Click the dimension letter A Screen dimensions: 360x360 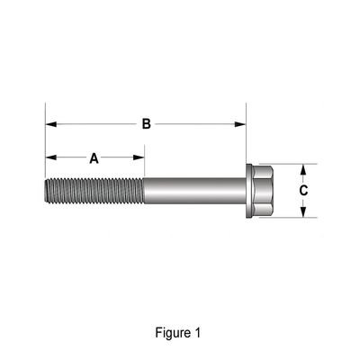coord(94,158)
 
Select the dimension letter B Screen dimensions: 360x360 coord(146,124)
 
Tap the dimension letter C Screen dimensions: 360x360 coord(303,191)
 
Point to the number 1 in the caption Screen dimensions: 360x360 coord(197,333)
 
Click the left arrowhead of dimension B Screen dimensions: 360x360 coord(51,124)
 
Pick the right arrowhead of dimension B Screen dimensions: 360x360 coord(240,124)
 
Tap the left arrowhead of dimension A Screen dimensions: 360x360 coord(51,157)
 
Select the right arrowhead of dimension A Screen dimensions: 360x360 coord(139,157)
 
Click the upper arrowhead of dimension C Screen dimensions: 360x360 coord(303,169)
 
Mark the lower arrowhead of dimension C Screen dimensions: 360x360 coord(303,211)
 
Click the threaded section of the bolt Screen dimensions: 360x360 coord(94,191)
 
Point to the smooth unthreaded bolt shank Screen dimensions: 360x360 coord(195,191)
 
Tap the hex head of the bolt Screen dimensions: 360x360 coord(263,191)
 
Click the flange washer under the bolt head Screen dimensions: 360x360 coord(249,191)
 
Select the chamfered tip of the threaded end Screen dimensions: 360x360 coord(48,191)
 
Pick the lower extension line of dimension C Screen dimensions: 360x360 coord(288,218)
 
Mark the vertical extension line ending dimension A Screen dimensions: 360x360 coord(145,161)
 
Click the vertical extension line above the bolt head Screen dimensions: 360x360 coord(246,133)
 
